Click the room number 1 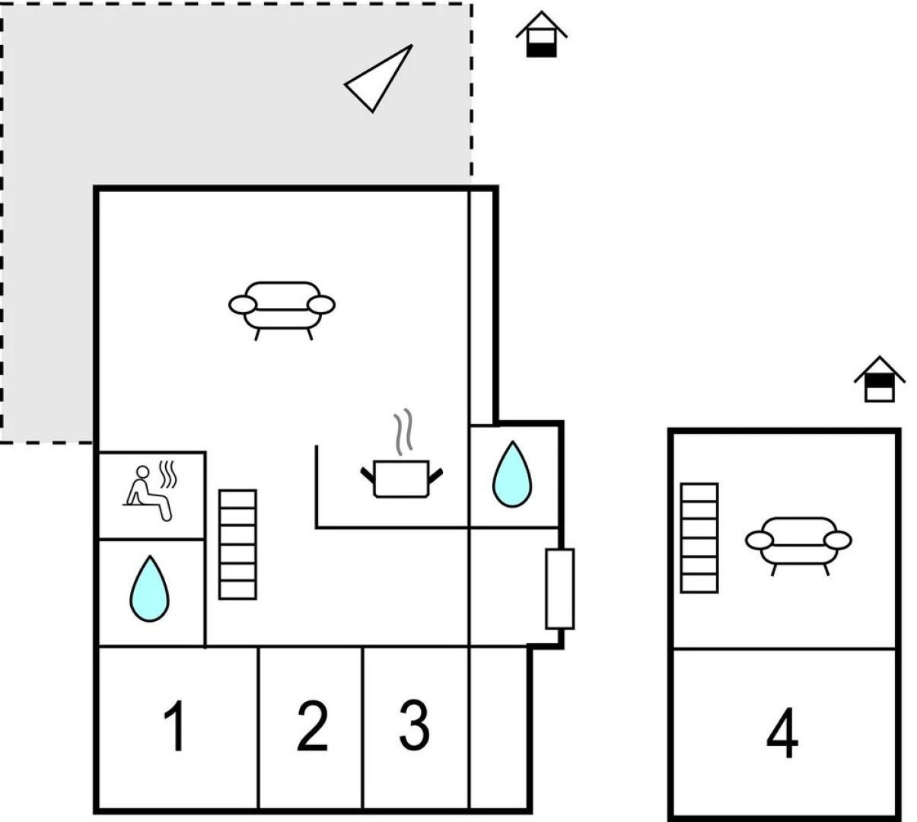tap(175, 727)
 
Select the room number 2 tap(312, 727)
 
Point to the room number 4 tap(782, 734)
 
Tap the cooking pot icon tap(401, 477)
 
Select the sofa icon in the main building tap(282, 307)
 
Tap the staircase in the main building tap(237, 544)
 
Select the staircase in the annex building tap(699, 537)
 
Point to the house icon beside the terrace tap(542, 34)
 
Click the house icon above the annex tap(879, 379)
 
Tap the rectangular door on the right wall tap(559, 588)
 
